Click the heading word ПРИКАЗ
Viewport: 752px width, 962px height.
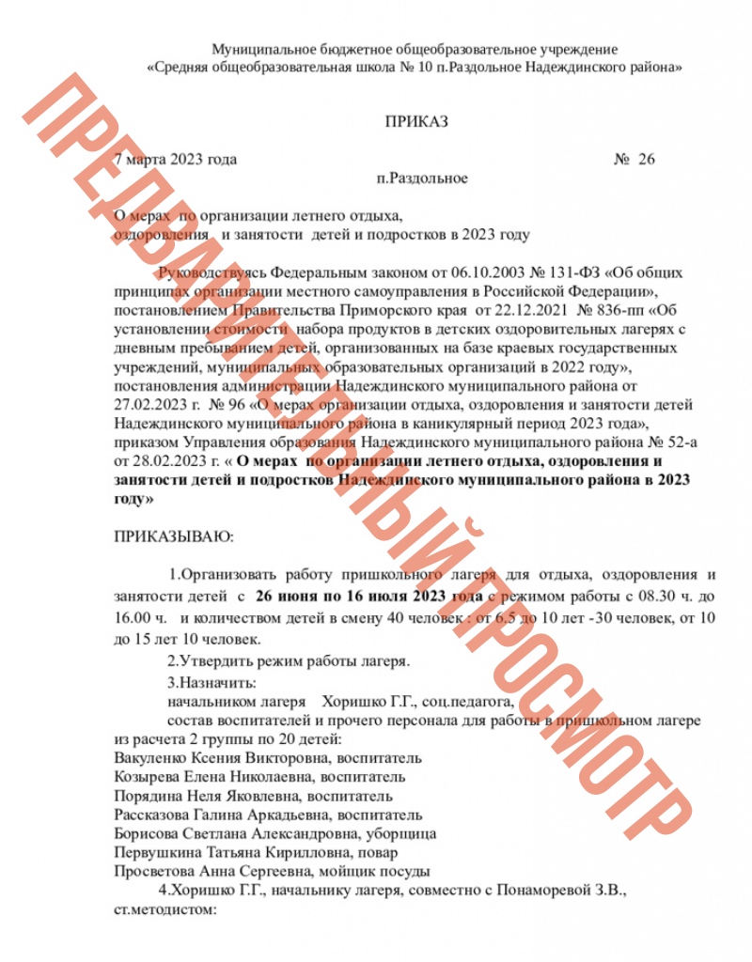coord(416,121)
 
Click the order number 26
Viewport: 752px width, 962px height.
coord(645,159)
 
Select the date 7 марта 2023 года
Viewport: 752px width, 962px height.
coord(175,159)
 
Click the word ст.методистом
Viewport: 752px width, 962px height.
coord(164,909)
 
